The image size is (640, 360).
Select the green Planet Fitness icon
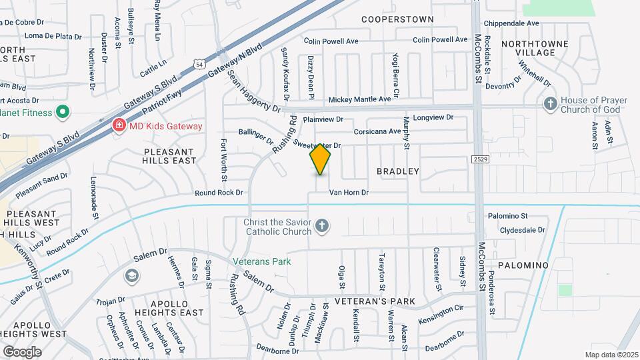click(x=62, y=113)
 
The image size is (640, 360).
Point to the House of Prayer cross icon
click(x=550, y=104)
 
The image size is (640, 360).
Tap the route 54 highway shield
click(x=201, y=64)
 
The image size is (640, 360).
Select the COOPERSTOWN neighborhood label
click(x=397, y=19)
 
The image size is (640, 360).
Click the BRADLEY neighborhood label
click(x=398, y=171)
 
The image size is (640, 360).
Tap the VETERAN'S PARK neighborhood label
click(x=375, y=301)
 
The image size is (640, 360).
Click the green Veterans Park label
click(x=262, y=261)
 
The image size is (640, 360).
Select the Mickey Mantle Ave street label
click(x=360, y=100)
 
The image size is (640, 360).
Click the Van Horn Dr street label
click(x=349, y=193)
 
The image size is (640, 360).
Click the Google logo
click(x=22, y=351)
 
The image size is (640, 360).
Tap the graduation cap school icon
click(x=132, y=275)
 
